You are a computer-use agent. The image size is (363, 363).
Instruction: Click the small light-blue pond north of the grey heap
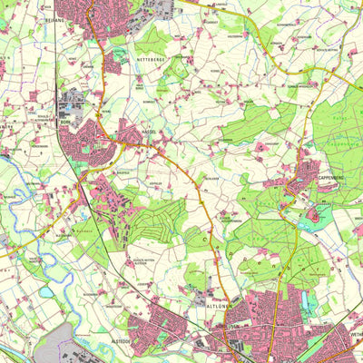(x=45, y=292)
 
